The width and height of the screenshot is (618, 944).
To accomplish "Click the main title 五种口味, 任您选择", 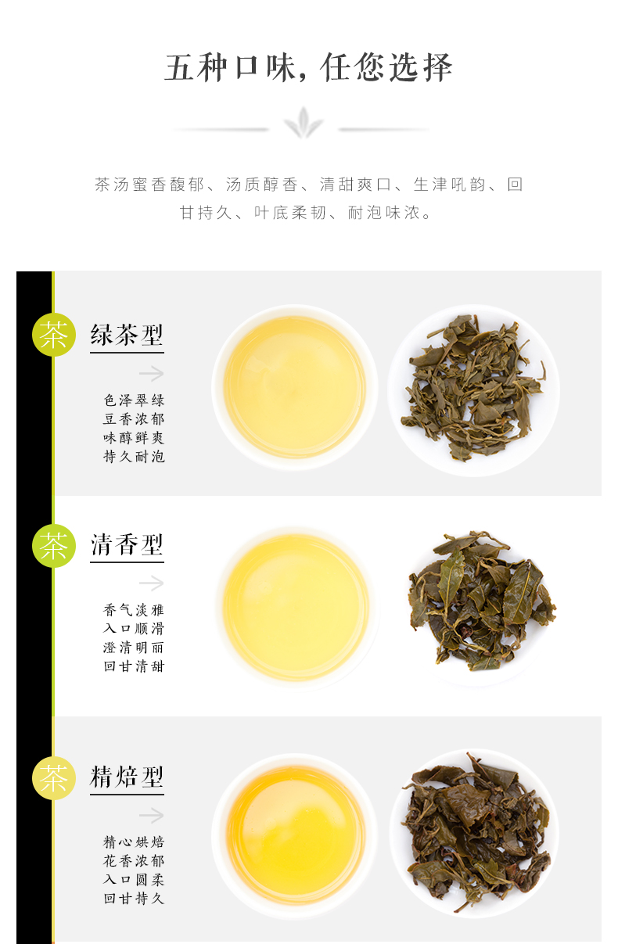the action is (308, 67).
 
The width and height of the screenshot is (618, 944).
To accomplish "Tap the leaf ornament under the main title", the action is (303, 123).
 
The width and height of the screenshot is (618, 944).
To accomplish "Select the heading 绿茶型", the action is (127, 335).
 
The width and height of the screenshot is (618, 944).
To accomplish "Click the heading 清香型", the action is (127, 544).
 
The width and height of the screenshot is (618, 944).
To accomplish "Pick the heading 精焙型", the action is (127, 777).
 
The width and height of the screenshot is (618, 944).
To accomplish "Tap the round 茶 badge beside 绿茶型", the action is (54, 335).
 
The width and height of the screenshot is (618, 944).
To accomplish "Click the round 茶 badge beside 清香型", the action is (54, 546).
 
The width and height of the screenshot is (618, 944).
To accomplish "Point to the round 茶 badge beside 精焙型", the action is (54, 778).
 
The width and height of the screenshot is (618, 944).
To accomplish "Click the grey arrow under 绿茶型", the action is (151, 373).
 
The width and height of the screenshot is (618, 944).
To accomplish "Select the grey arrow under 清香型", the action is (151, 583).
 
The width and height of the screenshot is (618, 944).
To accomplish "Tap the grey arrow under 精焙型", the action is (151, 816).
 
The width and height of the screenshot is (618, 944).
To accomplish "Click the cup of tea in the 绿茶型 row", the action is (295, 387).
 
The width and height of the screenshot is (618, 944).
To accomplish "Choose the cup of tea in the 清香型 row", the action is (296, 607).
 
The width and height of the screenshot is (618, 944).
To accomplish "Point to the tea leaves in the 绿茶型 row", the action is (473, 388).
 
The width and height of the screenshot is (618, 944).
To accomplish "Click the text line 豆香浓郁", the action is (134, 419).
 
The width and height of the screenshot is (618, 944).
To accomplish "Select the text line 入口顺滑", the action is (134, 628).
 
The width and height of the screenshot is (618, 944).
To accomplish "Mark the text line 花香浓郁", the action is (134, 860).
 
